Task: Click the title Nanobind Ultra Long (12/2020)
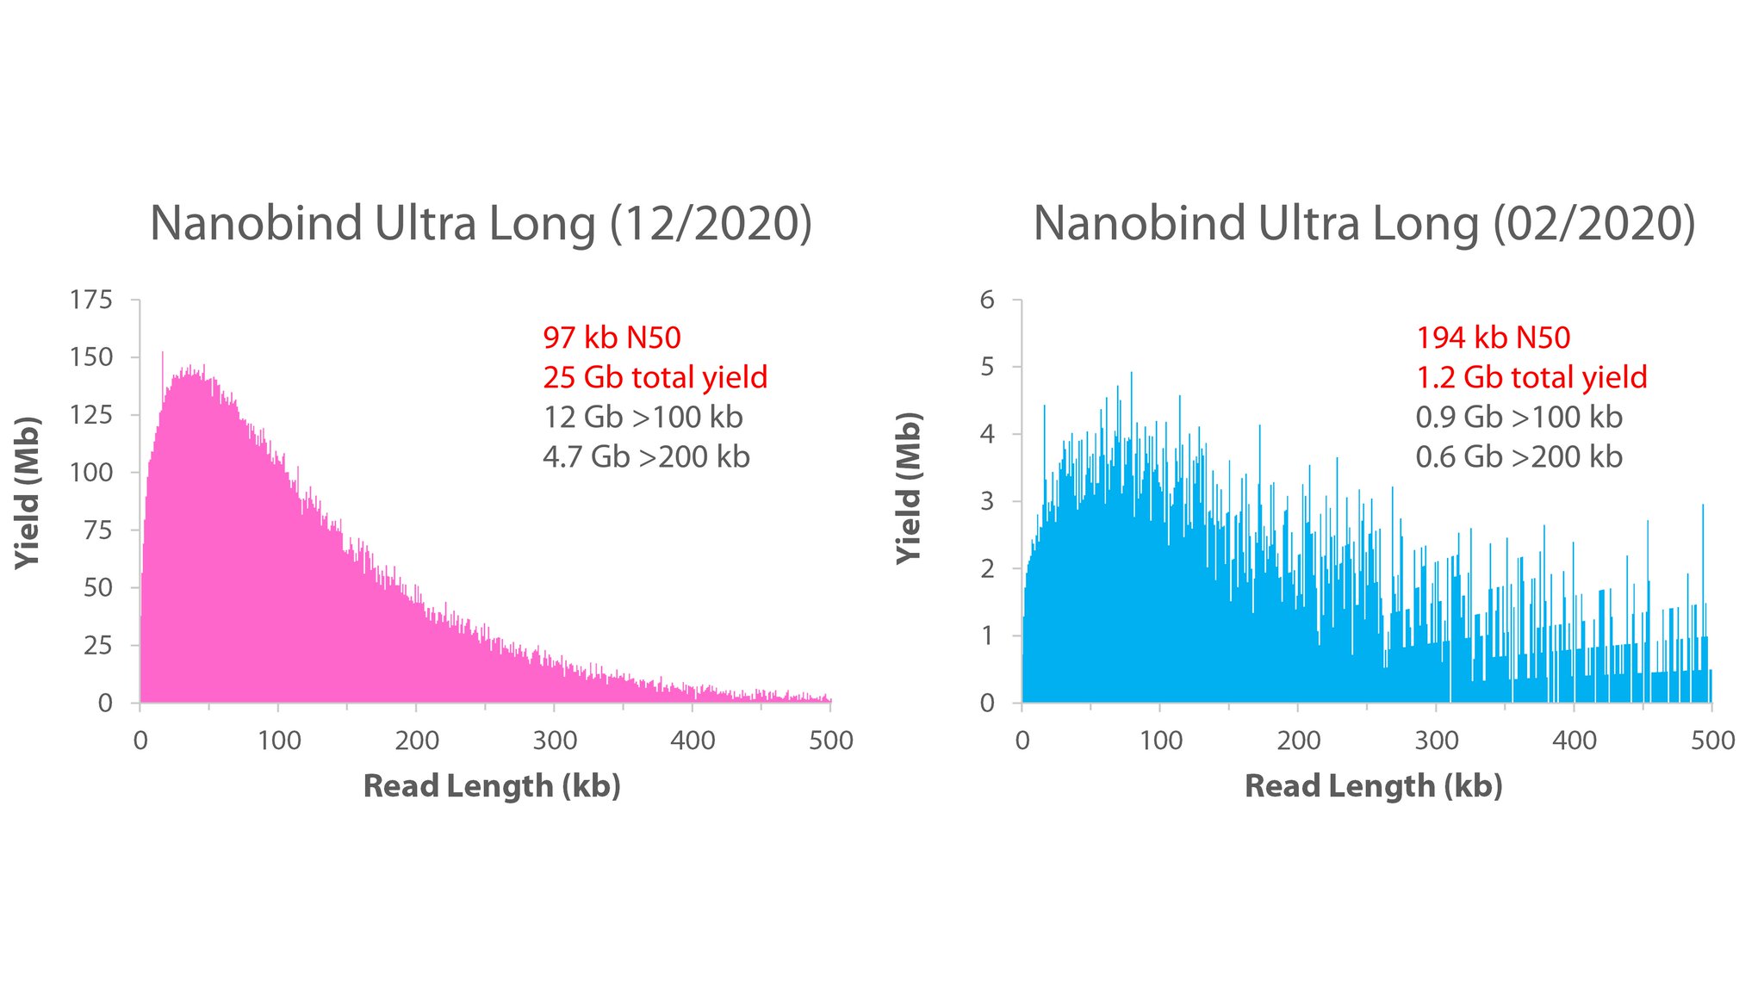coord(481,224)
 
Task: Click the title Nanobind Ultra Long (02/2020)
coord(1363,224)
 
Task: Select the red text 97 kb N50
coord(612,338)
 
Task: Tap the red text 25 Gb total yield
coord(655,377)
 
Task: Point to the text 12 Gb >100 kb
coord(643,417)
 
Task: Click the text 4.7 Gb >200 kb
coord(646,456)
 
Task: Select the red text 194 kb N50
coord(1493,338)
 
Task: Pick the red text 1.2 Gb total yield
coord(1531,377)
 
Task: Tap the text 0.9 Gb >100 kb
coord(1519,417)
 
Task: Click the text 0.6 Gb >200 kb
coord(1519,456)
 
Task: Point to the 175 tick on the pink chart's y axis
coord(91,300)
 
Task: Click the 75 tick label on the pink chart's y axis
coord(97,530)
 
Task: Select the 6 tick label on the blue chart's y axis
coord(987,300)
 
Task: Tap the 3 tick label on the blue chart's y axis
coord(987,501)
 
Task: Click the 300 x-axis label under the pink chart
coord(555,741)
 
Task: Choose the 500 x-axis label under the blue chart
coord(1712,741)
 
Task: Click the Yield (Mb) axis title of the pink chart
coord(28,493)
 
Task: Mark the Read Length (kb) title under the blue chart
coord(1373,785)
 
